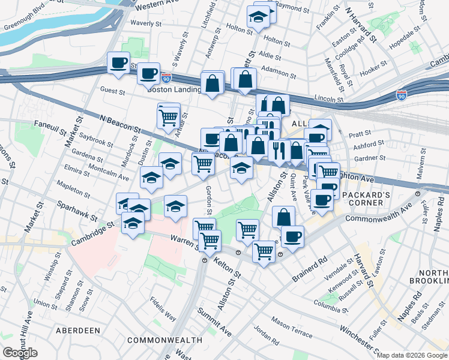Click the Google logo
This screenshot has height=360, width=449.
point(20,353)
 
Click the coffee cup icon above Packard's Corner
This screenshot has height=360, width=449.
point(322,199)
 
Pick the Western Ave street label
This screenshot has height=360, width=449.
point(158,5)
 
